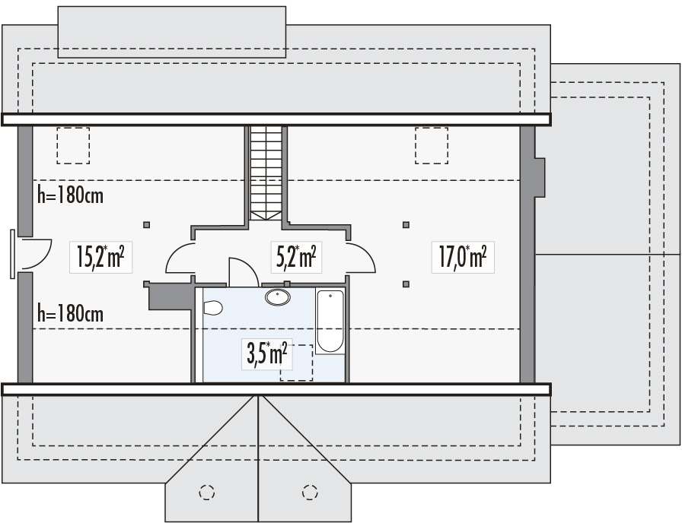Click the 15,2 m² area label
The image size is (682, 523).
point(100,257)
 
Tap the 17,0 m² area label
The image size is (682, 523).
point(463,257)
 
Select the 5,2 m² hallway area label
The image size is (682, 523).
point(296,257)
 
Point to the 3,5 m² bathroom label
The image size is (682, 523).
point(267,354)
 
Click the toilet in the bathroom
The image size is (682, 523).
point(213,308)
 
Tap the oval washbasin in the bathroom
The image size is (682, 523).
point(278,297)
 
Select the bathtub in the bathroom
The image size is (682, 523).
point(330,321)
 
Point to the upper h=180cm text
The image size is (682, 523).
point(71,195)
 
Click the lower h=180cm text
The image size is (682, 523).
point(71,313)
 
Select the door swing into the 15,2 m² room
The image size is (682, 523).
point(180,258)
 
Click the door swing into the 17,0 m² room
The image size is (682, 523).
point(361,258)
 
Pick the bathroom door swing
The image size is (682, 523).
point(244,272)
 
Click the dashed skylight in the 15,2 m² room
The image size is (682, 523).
point(73,145)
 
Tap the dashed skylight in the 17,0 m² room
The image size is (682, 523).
point(432,145)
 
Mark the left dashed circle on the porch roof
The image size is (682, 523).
point(207,492)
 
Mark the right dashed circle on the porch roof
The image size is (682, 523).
point(310,492)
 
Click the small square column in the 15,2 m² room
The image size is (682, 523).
point(147,225)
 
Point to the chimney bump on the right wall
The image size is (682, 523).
point(540,178)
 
